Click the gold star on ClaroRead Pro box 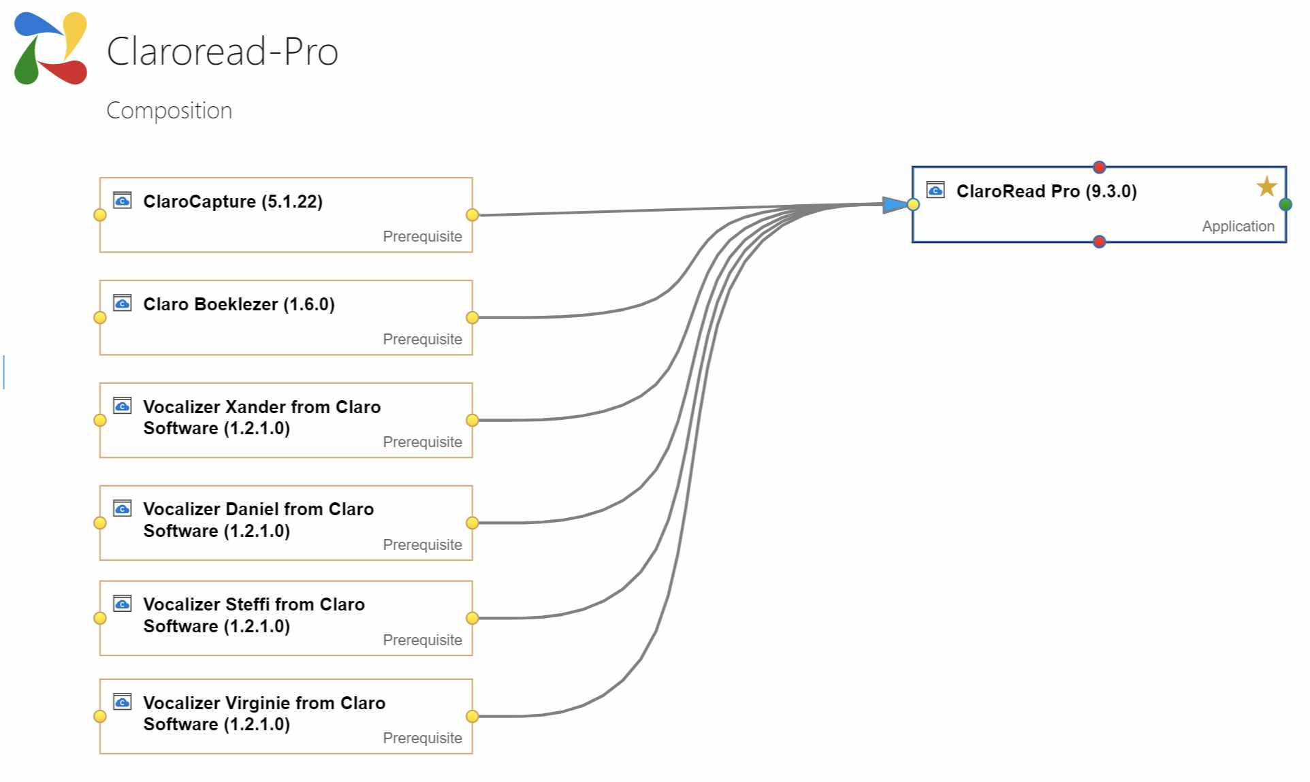1266,186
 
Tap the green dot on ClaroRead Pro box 1285,204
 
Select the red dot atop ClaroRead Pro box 1099,167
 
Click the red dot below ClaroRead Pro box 1099,242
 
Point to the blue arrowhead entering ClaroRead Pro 895,204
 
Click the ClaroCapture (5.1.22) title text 233,201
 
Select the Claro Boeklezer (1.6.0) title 239,304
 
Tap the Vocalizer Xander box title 262,417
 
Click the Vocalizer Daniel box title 259,520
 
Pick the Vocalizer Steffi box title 254,615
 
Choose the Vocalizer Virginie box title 264,713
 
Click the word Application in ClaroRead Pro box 1238,226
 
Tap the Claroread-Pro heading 223,51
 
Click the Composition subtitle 170,110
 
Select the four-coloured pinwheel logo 50,48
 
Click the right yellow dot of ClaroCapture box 472,215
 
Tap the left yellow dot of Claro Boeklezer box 100,318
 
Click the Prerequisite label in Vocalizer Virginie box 422,738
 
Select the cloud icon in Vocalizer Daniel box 123,508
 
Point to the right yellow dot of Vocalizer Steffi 472,618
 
